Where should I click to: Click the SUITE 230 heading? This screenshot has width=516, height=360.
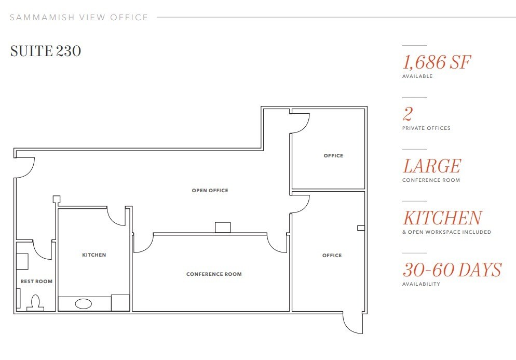[45, 51]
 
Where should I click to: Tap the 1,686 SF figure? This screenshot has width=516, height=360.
[437, 62]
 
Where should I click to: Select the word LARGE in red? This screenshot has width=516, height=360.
[432, 166]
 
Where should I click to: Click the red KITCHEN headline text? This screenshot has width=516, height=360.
[443, 218]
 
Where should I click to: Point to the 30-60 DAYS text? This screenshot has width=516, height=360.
[452, 270]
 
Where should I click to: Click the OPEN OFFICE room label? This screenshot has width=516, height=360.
[210, 190]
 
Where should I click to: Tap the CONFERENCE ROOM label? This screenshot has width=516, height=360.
[214, 274]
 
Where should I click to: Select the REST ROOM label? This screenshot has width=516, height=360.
[36, 281]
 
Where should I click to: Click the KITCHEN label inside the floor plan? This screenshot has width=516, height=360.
[94, 255]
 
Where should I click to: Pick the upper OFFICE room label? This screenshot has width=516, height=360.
[333, 155]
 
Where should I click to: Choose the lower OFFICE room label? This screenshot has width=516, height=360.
[332, 255]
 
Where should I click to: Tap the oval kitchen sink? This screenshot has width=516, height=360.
[83, 304]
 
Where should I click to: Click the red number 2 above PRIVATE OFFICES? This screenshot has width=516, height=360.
[408, 114]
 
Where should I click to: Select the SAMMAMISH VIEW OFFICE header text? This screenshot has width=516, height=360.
[79, 18]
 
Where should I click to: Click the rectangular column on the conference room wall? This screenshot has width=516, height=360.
[223, 228]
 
